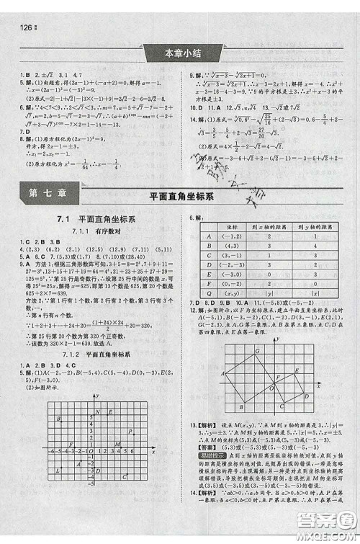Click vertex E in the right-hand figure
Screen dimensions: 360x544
(296, 375)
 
